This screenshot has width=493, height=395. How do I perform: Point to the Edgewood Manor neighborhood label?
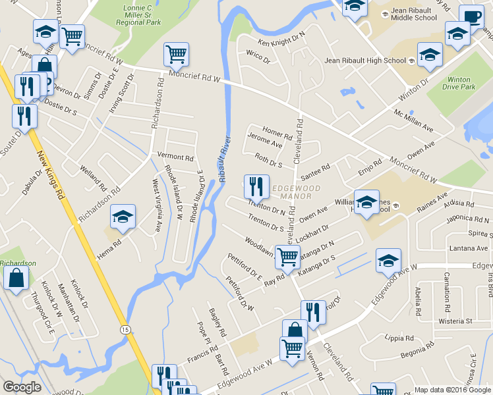[296, 192]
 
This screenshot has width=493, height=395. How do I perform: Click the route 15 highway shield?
[125, 328]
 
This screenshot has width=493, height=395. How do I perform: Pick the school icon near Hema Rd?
[123, 217]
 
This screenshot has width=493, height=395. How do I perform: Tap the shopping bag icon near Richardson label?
[16, 277]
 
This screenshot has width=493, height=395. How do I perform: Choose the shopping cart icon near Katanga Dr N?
[287, 256]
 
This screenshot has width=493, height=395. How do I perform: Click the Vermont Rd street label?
[175, 158]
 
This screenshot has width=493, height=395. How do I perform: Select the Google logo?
[22, 387]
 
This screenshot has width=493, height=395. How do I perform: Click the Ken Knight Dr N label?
[281, 38]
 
